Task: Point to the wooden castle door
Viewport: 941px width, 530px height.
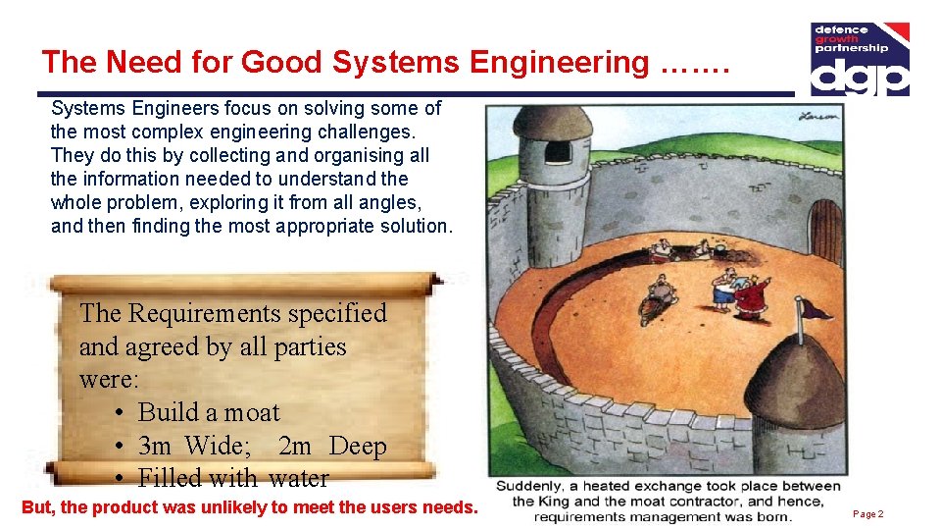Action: pyautogui.click(x=826, y=231)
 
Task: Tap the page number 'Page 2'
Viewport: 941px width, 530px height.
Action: pyautogui.click(x=868, y=514)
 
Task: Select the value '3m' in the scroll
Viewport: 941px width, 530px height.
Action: pyautogui.click(x=155, y=447)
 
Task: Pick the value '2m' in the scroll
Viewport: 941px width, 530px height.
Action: pyautogui.click(x=295, y=447)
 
